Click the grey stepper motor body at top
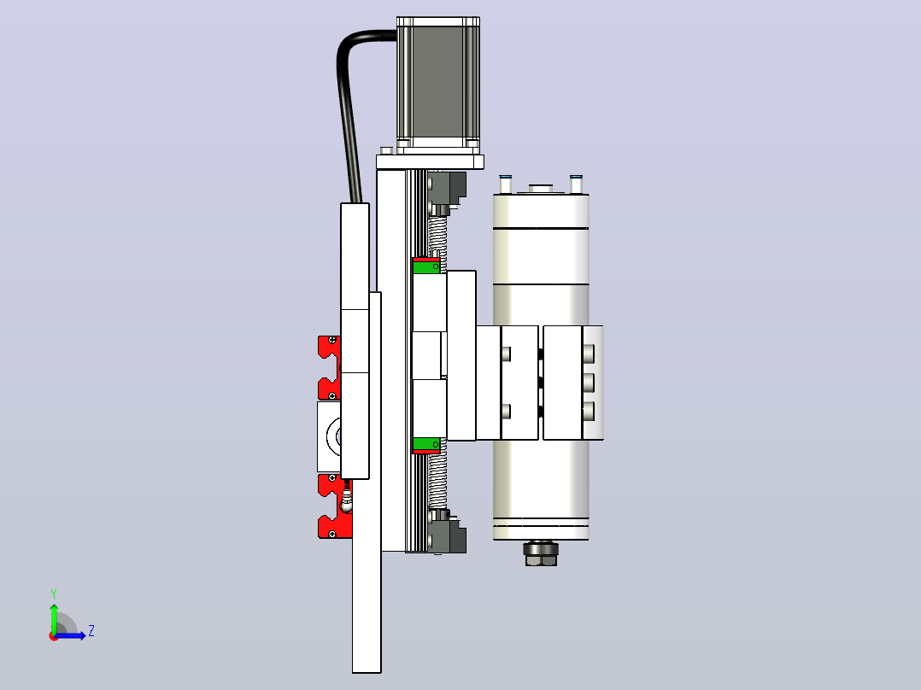(438, 82)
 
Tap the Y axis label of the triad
(54, 594)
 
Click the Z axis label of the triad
(91, 631)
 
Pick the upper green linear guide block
(425, 267)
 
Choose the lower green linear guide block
(425, 444)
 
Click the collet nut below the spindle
(541, 553)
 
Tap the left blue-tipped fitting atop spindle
(506, 184)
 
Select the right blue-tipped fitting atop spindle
(576, 184)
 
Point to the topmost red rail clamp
(329, 347)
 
